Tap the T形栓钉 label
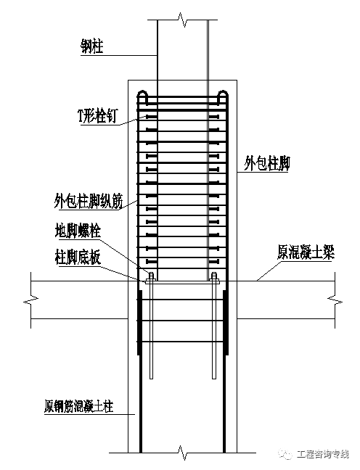96,116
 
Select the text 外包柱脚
266,164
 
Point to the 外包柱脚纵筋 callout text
83,199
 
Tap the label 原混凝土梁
302,252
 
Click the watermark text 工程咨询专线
323,454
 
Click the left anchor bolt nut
151,276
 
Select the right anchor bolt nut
214,276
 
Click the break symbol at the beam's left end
30,299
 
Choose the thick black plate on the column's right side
226,323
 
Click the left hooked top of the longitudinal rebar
144,95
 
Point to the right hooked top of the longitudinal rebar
224,95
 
